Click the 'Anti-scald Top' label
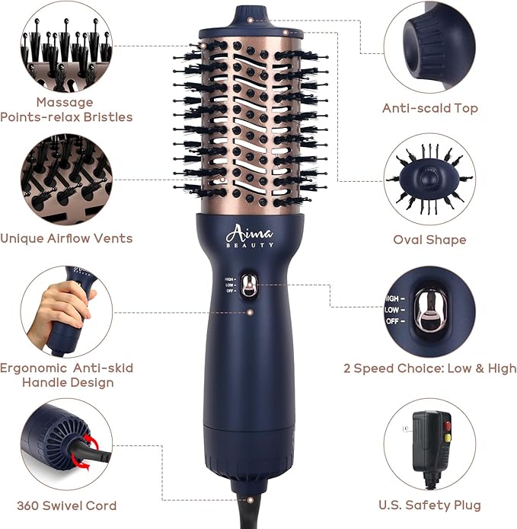click(429, 108)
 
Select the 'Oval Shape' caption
click(429, 240)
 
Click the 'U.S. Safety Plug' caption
click(429, 505)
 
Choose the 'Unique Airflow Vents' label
click(66, 238)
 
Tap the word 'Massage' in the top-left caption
click(65, 102)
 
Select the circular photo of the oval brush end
click(429, 180)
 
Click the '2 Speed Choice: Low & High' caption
click(429, 368)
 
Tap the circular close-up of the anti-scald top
click(429, 46)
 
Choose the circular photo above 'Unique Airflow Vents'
click(67, 180)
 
